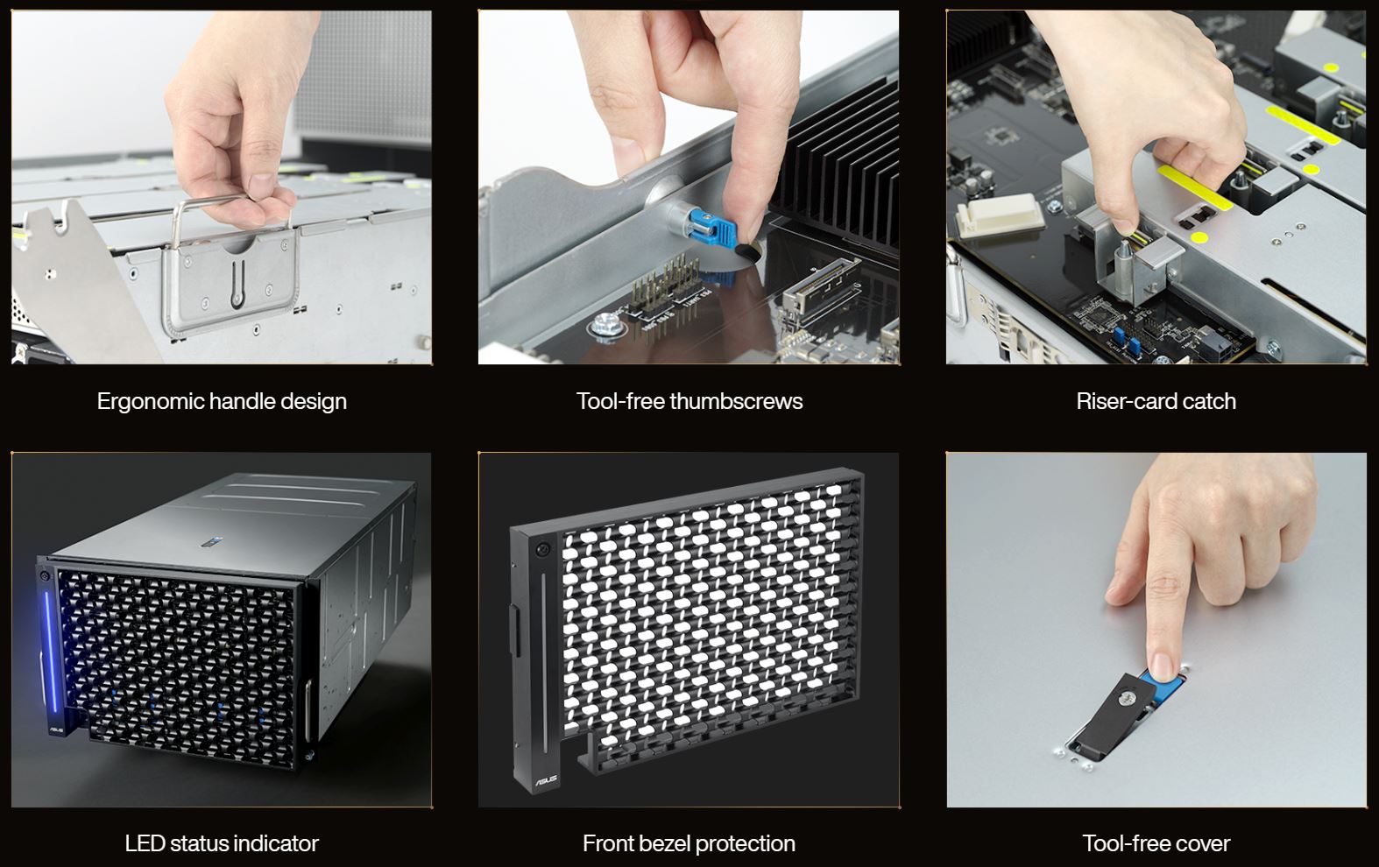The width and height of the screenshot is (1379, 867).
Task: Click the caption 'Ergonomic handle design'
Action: coord(222,401)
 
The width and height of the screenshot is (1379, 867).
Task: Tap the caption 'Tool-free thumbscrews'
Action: coord(689,401)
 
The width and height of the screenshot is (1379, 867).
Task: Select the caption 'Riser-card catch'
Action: coord(1156,401)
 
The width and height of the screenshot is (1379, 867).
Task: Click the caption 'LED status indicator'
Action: coord(222,843)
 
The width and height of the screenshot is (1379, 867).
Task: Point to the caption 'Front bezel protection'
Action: coord(689,843)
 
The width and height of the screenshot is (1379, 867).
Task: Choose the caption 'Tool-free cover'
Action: coord(1156,843)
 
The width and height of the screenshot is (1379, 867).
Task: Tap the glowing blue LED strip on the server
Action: coord(49,652)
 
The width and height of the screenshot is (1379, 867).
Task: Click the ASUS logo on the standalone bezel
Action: coord(546,780)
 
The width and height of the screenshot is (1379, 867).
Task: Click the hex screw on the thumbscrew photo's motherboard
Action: coord(606,325)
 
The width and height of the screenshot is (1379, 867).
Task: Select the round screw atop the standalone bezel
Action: coord(541,548)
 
